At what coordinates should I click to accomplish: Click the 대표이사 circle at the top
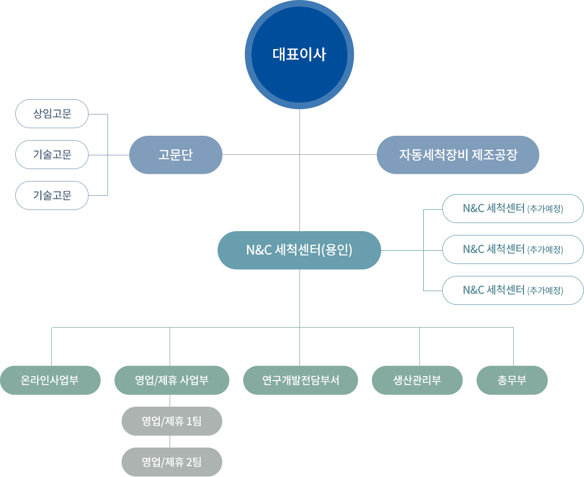pyautogui.click(x=299, y=55)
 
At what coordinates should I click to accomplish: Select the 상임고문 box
pyautogui.click(x=52, y=114)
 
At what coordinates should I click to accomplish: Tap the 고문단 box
pyautogui.click(x=176, y=155)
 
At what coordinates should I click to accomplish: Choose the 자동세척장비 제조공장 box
pyautogui.click(x=457, y=155)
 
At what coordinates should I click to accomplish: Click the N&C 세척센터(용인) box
pyautogui.click(x=299, y=250)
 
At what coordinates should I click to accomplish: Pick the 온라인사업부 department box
pyautogui.click(x=50, y=380)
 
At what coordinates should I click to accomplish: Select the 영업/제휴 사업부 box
pyautogui.click(x=172, y=380)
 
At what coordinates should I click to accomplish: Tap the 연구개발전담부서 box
pyautogui.click(x=300, y=380)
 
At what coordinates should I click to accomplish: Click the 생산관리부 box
pyautogui.click(x=417, y=380)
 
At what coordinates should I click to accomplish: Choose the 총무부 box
pyautogui.click(x=512, y=380)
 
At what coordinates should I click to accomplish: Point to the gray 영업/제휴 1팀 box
pyautogui.click(x=172, y=421)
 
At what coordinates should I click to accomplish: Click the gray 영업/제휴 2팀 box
pyautogui.click(x=172, y=462)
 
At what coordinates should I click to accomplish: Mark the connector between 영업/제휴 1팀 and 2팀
pyautogui.click(x=170, y=442)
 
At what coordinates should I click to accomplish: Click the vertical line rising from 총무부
pyautogui.click(x=513, y=346)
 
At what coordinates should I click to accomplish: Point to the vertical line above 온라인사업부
pyautogui.click(x=52, y=346)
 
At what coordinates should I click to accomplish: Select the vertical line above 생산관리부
pyautogui.click(x=419, y=346)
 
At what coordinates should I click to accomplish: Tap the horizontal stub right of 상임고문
pyautogui.click(x=98, y=114)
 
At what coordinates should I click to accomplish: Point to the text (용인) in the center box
pyautogui.click(x=337, y=250)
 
